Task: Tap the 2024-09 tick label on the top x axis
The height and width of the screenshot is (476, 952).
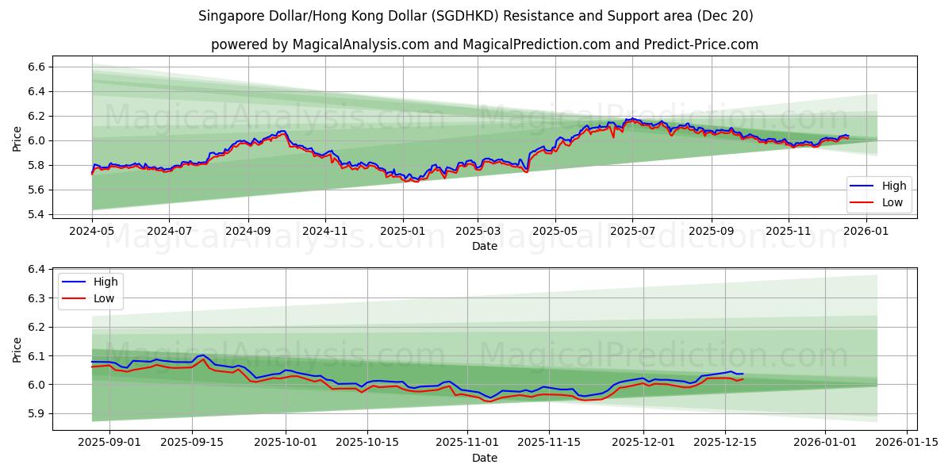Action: (248, 231)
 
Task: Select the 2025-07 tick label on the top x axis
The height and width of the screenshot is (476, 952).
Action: (632, 231)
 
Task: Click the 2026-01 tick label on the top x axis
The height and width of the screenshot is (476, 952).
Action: (866, 231)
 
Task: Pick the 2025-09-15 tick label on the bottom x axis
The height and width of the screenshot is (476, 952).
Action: (191, 443)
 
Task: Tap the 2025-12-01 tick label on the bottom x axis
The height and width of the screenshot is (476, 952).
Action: (643, 443)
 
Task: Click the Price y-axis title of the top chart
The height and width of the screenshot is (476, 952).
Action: (17, 140)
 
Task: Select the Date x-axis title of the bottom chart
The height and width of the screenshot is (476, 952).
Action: (485, 458)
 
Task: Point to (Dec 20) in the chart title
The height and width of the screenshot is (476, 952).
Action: (725, 16)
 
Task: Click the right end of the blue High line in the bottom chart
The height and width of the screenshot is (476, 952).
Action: (743, 374)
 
